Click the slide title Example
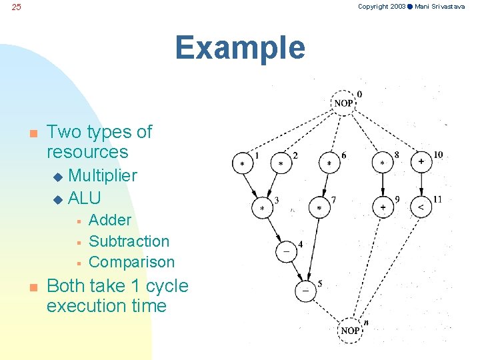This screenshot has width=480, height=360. [x=240, y=48]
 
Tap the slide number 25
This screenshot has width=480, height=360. [x=17, y=7]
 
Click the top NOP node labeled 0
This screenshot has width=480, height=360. [x=344, y=103]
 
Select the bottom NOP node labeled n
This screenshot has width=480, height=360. [x=351, y=331]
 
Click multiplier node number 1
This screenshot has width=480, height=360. [x=242, y=163]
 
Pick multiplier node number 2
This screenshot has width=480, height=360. [x=281, y=163]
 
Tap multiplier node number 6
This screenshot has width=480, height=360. [x=329, y=163]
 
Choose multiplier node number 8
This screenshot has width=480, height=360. [x=383, y=163]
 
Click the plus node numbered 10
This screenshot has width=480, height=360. [x=421, y=162]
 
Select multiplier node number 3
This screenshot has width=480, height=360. [x=262, y=208]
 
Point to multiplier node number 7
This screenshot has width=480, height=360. [x=319, y=208]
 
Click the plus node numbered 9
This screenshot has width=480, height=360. [x=383, y=207]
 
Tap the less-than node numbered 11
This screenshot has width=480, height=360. [x=421, y=207]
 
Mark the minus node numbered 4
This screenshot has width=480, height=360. [x=286, y=252]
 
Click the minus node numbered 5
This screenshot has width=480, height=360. [x=305, y=291]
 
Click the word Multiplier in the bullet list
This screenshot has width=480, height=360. [x=103, y=175]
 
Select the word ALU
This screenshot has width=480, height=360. [x=85, y=198]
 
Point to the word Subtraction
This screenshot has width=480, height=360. [x=129, y=241]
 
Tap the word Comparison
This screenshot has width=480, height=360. [x=131, y=261]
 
